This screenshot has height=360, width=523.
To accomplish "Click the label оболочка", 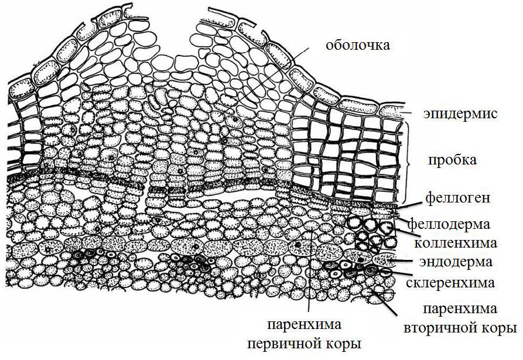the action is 358,44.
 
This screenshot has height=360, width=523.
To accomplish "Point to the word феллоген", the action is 457,198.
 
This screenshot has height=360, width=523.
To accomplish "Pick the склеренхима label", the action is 450,283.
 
